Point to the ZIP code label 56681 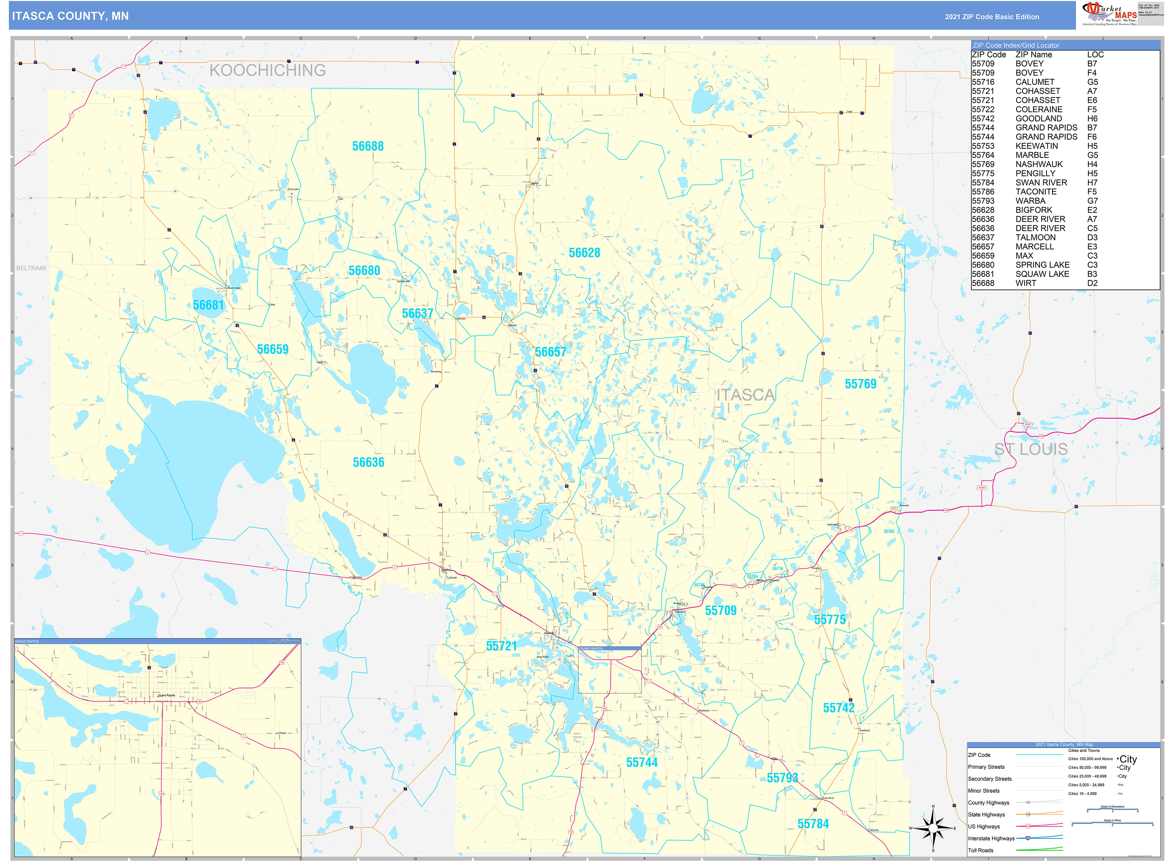(x=208, y=305)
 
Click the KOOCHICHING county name (x=267, y=70)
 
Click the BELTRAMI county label (x=31, y=268)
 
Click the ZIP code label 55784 (x=813, y=824)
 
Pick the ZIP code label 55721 (x=501, y=646)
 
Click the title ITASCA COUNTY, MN (x=70, y=16)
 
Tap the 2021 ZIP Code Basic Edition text (x=992, y=17)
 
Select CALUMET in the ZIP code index (x=1034, y=82)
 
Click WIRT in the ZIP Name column (x=1025, y=283)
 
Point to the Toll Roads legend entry (x=981, y=850)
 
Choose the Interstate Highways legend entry (x=991, y=838)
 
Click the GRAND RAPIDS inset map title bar (x=156, y=641)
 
